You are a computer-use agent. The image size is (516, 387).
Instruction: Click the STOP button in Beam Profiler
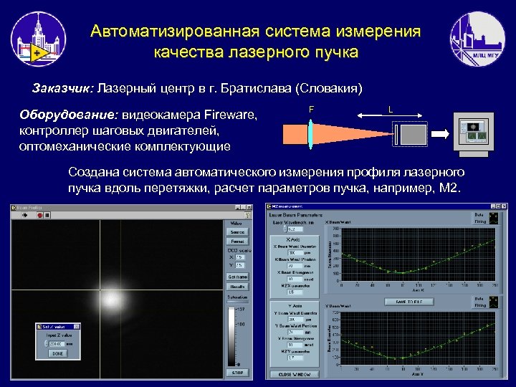coord(237,373)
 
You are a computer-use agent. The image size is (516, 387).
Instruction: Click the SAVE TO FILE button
coord(405,302)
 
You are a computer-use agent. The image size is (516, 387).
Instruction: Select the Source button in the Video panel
coord(237,231)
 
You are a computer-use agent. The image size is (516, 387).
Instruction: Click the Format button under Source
coord(237,242)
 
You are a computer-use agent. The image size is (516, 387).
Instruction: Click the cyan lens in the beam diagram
coord(311,133)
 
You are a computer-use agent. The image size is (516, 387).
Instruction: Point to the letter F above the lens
coord(311,109)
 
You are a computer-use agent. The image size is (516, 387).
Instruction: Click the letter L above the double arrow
coord(390,109)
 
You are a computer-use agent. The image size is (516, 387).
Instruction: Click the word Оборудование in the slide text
coord(70,115)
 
